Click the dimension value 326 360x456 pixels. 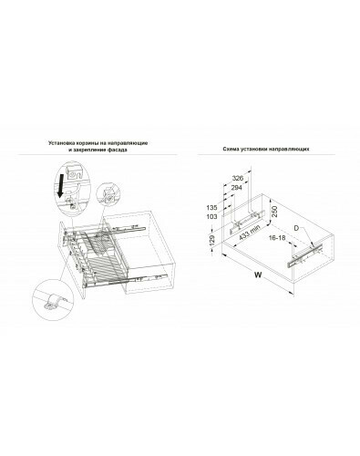pos(238,178)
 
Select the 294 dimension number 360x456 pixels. pos(237,188)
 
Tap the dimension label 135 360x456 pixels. pos(211,208)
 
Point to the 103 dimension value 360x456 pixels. pos(211,217)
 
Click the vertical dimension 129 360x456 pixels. pos(212,240)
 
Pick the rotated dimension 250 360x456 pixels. pos(274,212)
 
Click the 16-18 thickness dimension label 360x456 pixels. pos(277,237)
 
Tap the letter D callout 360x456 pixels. pos(297,228)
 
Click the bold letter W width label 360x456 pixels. pos(258,275)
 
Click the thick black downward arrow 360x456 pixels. pos(62,185)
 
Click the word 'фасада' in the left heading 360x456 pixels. pos(118,150)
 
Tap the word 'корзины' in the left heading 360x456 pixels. pos(85,143)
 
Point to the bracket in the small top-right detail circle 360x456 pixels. pos(108,194)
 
